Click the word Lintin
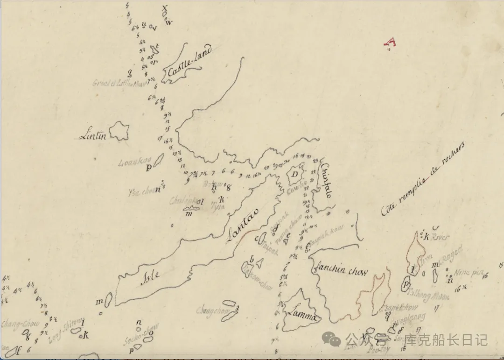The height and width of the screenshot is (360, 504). pos(93,136)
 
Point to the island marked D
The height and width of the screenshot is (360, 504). pos(295,175)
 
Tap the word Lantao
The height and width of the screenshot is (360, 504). pos(242,228)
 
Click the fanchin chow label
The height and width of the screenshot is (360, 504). pos(341,270)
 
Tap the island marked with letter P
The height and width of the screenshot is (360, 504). pos(406,284)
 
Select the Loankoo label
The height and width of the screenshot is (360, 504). pos(135,162)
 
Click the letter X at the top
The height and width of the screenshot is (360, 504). pos(164,8)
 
